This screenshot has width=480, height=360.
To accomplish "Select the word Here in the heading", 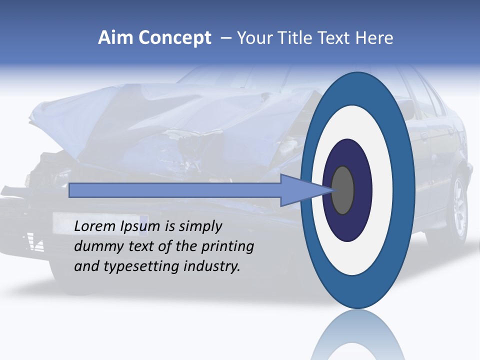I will click(374, 38).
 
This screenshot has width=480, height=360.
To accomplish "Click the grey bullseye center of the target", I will click(343, 190).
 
